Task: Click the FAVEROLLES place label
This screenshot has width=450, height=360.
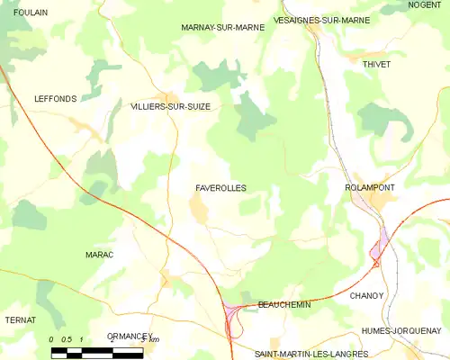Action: [220, 188]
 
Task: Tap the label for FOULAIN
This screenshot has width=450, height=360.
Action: [31, 13]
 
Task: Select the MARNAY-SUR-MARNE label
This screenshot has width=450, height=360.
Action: [222, 28]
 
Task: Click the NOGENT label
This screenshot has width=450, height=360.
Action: [425, 4]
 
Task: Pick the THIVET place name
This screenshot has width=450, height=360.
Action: [375, 65]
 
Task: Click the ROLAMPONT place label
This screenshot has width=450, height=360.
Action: [373, 187]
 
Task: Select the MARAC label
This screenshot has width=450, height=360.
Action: [99, 255]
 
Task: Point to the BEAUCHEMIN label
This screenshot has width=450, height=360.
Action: [284, 304]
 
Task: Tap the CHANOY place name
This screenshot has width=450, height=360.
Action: [366, 295]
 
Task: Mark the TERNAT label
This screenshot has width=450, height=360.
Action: [20, 319]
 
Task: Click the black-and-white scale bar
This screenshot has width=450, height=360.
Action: [96, 353]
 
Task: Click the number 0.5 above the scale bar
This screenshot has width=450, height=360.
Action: [67, 339]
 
